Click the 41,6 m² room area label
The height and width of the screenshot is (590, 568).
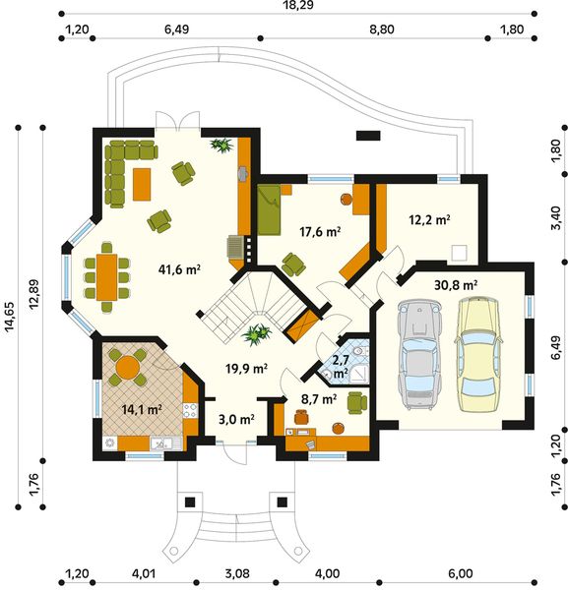click(x=179, y=269)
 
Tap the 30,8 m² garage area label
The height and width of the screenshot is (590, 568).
click(x=456, y=285)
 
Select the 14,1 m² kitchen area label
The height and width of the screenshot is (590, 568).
click(x=142, y=409)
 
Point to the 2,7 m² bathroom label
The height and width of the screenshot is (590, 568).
click(x=341, y=366)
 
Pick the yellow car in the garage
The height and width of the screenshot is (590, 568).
click(x=478, y=353)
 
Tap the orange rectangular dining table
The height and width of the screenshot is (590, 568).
click(x=107, y=277)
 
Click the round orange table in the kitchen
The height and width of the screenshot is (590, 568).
click(x=128, y=367)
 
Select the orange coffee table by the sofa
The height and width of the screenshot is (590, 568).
click(x=142, y=185)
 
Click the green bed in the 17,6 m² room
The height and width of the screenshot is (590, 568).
click(x=269, y=209)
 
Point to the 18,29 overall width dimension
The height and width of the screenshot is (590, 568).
click(x=297, y=5)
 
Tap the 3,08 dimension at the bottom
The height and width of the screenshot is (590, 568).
click(x=237, y=574)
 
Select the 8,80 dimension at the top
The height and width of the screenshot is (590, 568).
click(x=382, y=29)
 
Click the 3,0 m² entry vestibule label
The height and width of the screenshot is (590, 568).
click(x=236, y=419)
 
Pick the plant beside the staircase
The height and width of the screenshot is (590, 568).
click(x=257, y=334)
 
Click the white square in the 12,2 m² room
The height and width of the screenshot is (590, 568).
click(x=460, y=253)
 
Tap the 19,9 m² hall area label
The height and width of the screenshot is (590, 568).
click(x=246, y=369)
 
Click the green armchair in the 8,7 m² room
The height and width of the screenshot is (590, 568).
click(x=356, y=402)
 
